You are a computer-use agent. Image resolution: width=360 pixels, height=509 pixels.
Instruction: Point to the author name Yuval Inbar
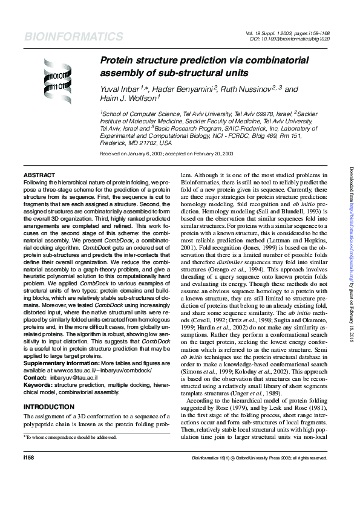click(123, 89)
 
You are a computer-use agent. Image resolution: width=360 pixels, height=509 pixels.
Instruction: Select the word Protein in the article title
click(116, 61)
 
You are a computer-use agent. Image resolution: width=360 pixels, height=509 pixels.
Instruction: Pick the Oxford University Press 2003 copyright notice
click(262, 475)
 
